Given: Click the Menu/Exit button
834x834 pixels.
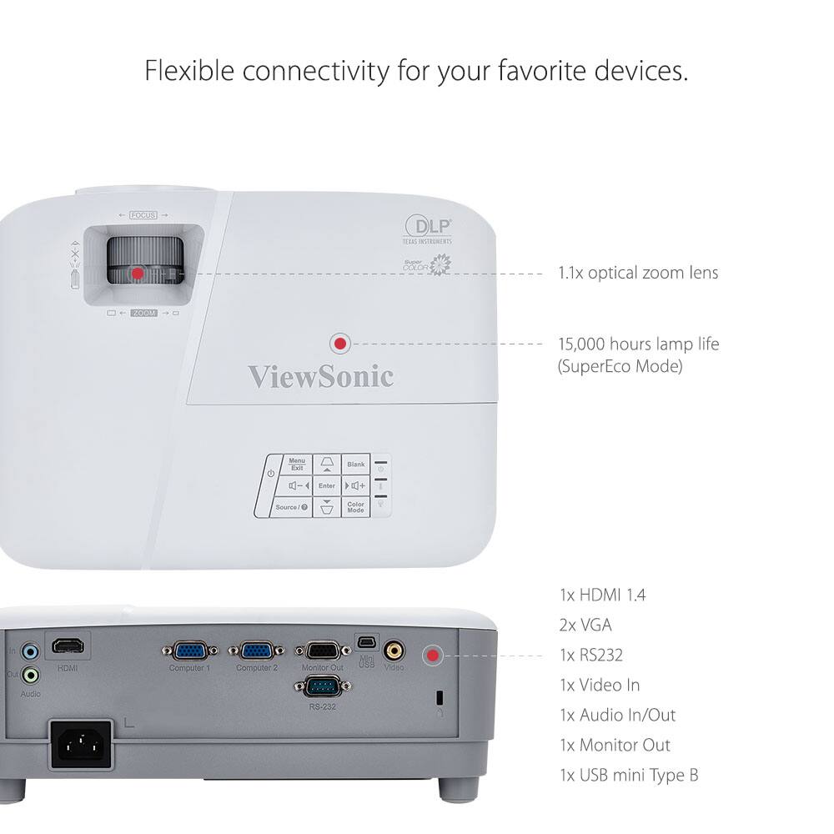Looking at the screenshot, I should click(297, 465).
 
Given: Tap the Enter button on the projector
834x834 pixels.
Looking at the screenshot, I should click(326, 485).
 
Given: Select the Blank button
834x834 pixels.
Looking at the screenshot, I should click(356, 465).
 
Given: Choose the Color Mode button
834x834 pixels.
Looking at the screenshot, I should click(356, 507).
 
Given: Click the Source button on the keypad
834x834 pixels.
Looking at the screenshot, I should click(291, 507).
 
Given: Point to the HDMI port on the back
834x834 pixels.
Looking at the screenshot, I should click(68, 647).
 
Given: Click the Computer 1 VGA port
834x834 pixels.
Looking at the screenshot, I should click(190, 650).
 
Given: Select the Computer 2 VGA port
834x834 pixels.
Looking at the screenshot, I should click(257, 650).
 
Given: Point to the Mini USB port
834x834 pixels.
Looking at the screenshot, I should click(367, 642).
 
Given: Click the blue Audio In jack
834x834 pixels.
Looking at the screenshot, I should click(31, 651).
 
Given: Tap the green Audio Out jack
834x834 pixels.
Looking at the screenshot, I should click(31, 674).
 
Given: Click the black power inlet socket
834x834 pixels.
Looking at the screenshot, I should click(82, 745).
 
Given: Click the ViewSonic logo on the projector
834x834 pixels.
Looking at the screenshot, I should click(320, 376).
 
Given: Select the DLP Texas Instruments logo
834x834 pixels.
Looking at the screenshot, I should click(428, 229).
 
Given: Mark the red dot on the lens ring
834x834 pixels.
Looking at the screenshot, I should click(138, 273).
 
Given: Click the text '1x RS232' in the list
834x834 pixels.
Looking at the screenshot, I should click(590, 655).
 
